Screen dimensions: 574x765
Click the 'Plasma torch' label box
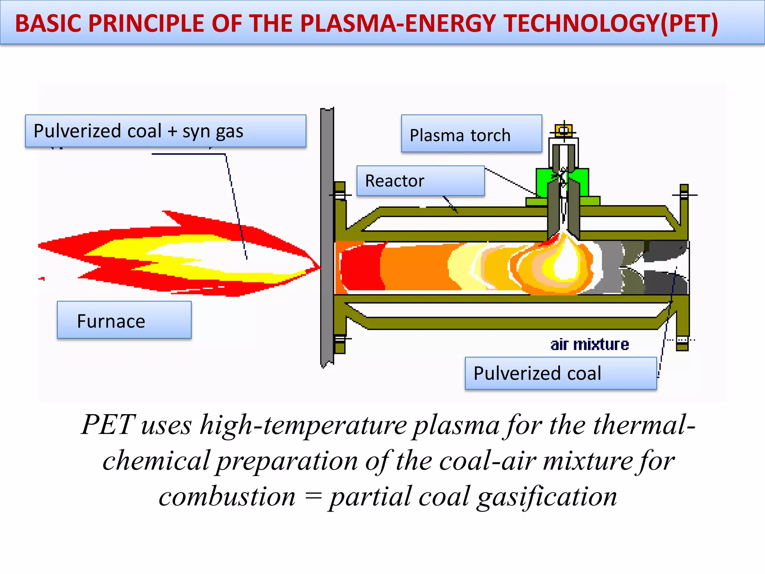coord(471,134)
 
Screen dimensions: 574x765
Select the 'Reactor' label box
coord(420,181)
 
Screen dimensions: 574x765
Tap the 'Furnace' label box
coord(124,320)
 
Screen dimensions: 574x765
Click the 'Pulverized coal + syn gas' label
coord(165,131)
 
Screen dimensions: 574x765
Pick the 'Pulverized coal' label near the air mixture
coord(560,373)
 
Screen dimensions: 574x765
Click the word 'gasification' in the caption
coord(547,497)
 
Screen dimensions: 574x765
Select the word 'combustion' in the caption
coord(227,497)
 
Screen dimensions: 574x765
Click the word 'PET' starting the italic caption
coord(108,425)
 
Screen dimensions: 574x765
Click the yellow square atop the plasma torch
coord(564,130)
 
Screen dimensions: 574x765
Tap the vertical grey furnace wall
coord(327,235)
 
